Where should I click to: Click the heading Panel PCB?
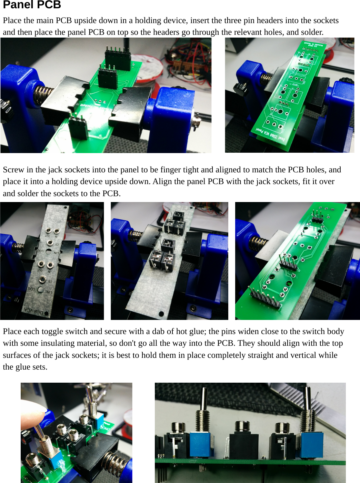click(32, 5)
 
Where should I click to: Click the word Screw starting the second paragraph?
click(13, 170)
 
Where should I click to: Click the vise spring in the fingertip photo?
click(116, 463)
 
